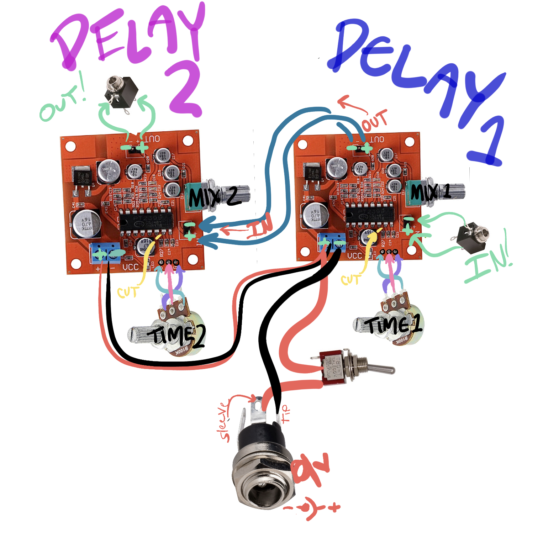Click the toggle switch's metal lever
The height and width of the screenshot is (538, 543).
[x=381, y=368]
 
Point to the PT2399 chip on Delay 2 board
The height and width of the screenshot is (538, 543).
[x=145, y=222]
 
